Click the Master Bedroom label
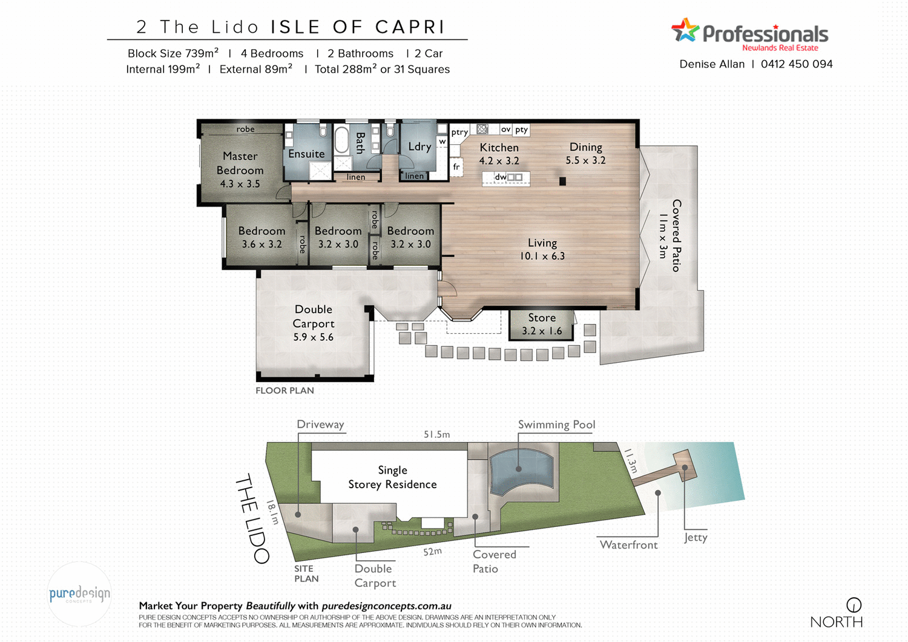point(240,164)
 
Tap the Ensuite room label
point(306,154)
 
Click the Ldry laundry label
point(419,147)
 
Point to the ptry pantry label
point(459,132)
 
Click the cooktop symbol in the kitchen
point(482,129)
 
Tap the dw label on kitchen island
point(500,177)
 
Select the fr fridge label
point(456,167)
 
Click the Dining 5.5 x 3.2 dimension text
point(585,160)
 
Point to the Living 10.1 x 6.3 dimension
point(542,256)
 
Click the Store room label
point(542,318)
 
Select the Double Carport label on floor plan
point(314,316)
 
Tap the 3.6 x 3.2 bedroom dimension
point(262,245)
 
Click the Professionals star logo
point(685,30)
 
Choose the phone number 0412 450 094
point(797,64)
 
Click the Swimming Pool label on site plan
point(556,425)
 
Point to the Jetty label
point(696,537)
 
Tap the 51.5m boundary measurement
point(436,434)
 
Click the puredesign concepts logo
point(80,594)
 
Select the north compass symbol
point(854,604)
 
